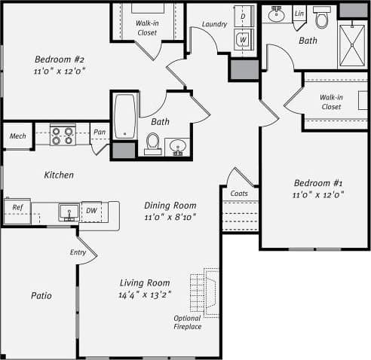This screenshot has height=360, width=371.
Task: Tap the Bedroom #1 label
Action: point(317,183)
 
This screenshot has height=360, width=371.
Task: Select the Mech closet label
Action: point(17,136)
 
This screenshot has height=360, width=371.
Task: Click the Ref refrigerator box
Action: point(17,207)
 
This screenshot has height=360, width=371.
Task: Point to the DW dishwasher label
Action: point(91,211)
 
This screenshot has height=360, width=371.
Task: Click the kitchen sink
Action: point(69,212)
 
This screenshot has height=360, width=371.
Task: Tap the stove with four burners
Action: point(61,135)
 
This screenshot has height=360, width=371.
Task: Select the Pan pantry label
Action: point(99,133)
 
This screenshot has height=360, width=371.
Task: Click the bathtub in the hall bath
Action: point(124,117)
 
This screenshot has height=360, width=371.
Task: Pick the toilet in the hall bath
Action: point(153,142)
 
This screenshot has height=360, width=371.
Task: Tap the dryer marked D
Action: point(244,15)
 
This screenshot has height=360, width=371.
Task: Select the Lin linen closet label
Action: point(299,14)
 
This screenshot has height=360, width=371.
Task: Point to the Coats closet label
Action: point(239,194)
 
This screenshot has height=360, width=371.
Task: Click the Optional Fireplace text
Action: point(188,322)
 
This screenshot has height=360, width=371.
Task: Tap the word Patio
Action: point(41,295)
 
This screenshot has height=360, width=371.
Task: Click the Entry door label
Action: point(78,252)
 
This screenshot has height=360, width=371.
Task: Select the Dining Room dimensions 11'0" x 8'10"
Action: point(170,218)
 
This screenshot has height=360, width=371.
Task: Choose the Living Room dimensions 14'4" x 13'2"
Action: point(146,295)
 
